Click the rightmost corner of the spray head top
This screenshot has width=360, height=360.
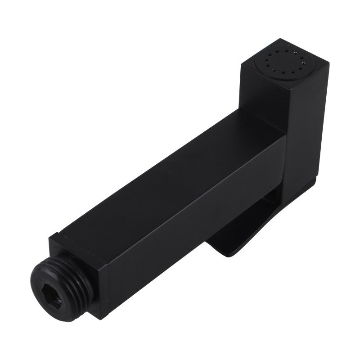pyautogui.click(x=328, y=63)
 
